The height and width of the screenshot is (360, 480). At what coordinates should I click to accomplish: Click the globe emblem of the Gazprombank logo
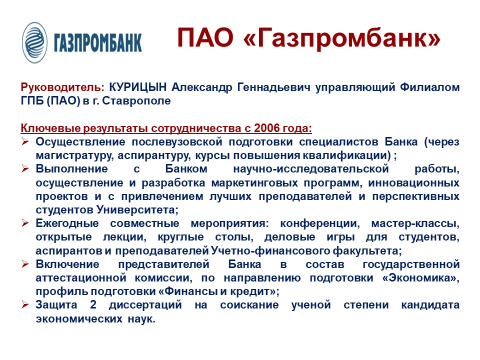point(34,42)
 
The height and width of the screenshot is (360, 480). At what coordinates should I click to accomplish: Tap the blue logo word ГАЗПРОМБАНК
point(97,42)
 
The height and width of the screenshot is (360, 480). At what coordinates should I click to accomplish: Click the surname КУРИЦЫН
point(138,87)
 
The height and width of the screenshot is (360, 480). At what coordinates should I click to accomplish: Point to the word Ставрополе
point(136,100)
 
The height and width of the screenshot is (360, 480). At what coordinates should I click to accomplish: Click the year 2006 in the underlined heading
point(267,128)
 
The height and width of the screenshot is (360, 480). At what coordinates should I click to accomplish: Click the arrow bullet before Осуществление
point(25,141)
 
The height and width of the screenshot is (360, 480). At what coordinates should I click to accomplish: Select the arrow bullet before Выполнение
point(25,168)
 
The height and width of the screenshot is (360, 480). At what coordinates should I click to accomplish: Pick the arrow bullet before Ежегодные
point(25,223)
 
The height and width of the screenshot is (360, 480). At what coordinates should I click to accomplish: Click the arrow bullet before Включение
point(25,264)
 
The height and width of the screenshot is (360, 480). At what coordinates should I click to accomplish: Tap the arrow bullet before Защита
point(25,304)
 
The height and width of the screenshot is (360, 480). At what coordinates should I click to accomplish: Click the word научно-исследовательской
point(311,168)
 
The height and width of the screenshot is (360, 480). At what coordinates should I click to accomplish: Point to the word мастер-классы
point(415,223)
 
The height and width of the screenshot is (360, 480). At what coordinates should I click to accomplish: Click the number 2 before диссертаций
point(93,304)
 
